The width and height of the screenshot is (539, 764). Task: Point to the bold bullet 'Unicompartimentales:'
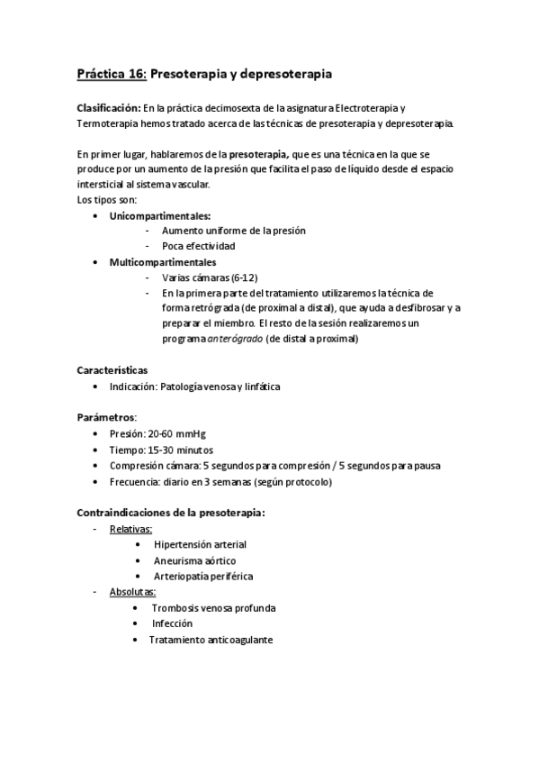click(x=160, y=216)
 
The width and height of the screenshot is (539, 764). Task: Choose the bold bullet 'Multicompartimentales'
click(x=162, y=262)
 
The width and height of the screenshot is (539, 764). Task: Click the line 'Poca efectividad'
click(x=198, y=246)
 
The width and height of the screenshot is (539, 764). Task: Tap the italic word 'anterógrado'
click(x=235, y=340)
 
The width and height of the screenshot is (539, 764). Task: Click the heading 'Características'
click(x=112, y=370)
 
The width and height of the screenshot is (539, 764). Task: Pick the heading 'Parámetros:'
click(x=107, y=417)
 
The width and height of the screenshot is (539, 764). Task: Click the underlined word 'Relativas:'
click(x=130, y=529)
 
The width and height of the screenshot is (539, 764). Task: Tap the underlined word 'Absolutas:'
click(x=132, y=592)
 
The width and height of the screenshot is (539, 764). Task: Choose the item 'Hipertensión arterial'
click(x=200, y=545)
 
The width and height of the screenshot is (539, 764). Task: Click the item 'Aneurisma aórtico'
click(x=194, y=560)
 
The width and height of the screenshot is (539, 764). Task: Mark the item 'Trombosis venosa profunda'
click(x=213, y=608)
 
